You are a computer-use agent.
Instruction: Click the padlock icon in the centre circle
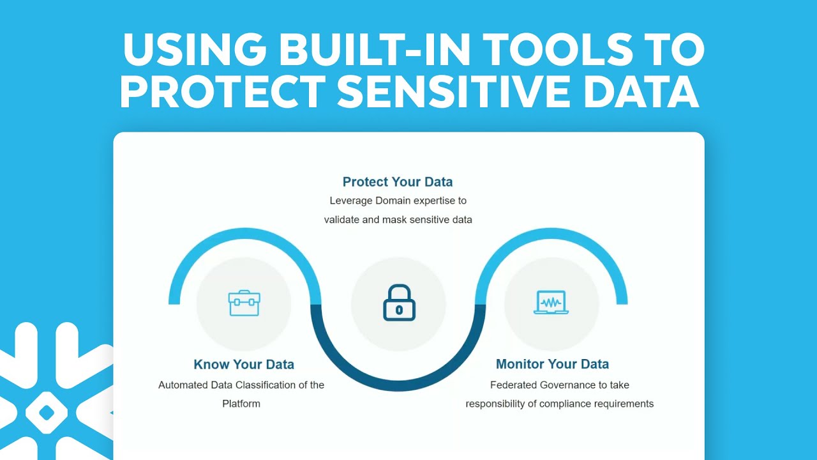pos(399,303)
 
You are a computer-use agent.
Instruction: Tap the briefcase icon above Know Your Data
pos(244,303)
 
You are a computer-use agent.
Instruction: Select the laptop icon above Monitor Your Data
pos(551,303)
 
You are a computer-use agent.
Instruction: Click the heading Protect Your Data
pos(398,182)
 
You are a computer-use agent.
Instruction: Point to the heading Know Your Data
pos(244,365)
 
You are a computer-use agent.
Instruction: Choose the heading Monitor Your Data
pos(552,364)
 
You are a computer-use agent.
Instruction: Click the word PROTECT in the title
pos(223,91)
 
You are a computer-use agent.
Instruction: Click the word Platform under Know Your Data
pos(241,404)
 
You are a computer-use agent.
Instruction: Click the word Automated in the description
pos(183,385)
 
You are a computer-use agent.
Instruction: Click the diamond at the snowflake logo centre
pos(46,413)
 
